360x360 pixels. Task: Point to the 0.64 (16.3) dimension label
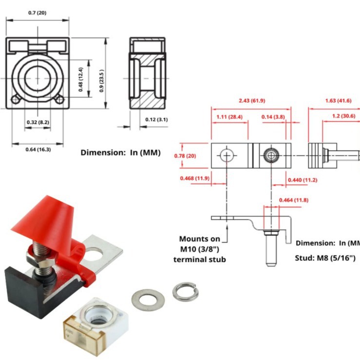pos(38,149)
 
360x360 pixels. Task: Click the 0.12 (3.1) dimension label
pos(157,119)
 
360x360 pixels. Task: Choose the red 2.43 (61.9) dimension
pos(252,101)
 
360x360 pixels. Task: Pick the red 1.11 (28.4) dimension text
pos(229,117)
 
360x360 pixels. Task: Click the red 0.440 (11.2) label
pos(303,180)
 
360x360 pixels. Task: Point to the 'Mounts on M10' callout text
pos(200,249)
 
